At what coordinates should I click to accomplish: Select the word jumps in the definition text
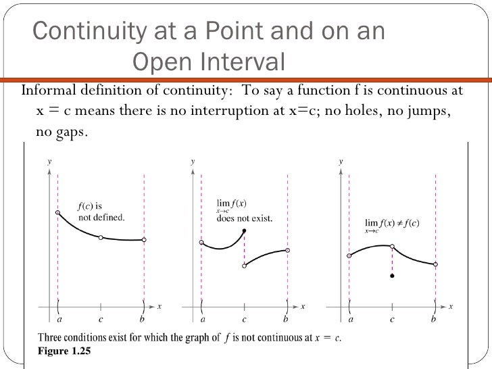[428, 110]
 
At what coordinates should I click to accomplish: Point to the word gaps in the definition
[70, 131]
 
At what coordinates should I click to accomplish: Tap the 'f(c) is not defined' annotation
[101, 212]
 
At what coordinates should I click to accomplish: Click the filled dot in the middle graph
[244, 231]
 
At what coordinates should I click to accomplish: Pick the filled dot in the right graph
[392, 276]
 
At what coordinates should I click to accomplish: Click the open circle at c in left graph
[101, 238]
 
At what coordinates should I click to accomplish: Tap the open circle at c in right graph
[392, 247]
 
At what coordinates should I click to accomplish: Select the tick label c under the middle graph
[244, 318]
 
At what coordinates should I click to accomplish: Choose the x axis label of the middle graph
[303, 307]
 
